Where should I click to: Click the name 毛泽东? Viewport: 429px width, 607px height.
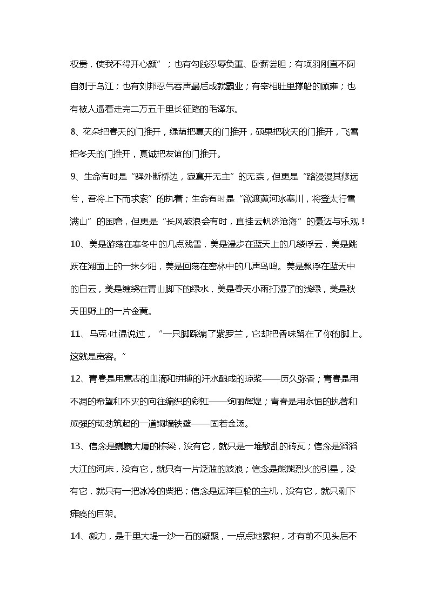click(x=224, y=110)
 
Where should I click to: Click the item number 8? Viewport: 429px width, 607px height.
click(x=73, y=133)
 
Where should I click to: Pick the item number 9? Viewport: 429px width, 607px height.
click(x=73, y=177)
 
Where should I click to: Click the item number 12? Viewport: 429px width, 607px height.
click(x=76, y=378)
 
